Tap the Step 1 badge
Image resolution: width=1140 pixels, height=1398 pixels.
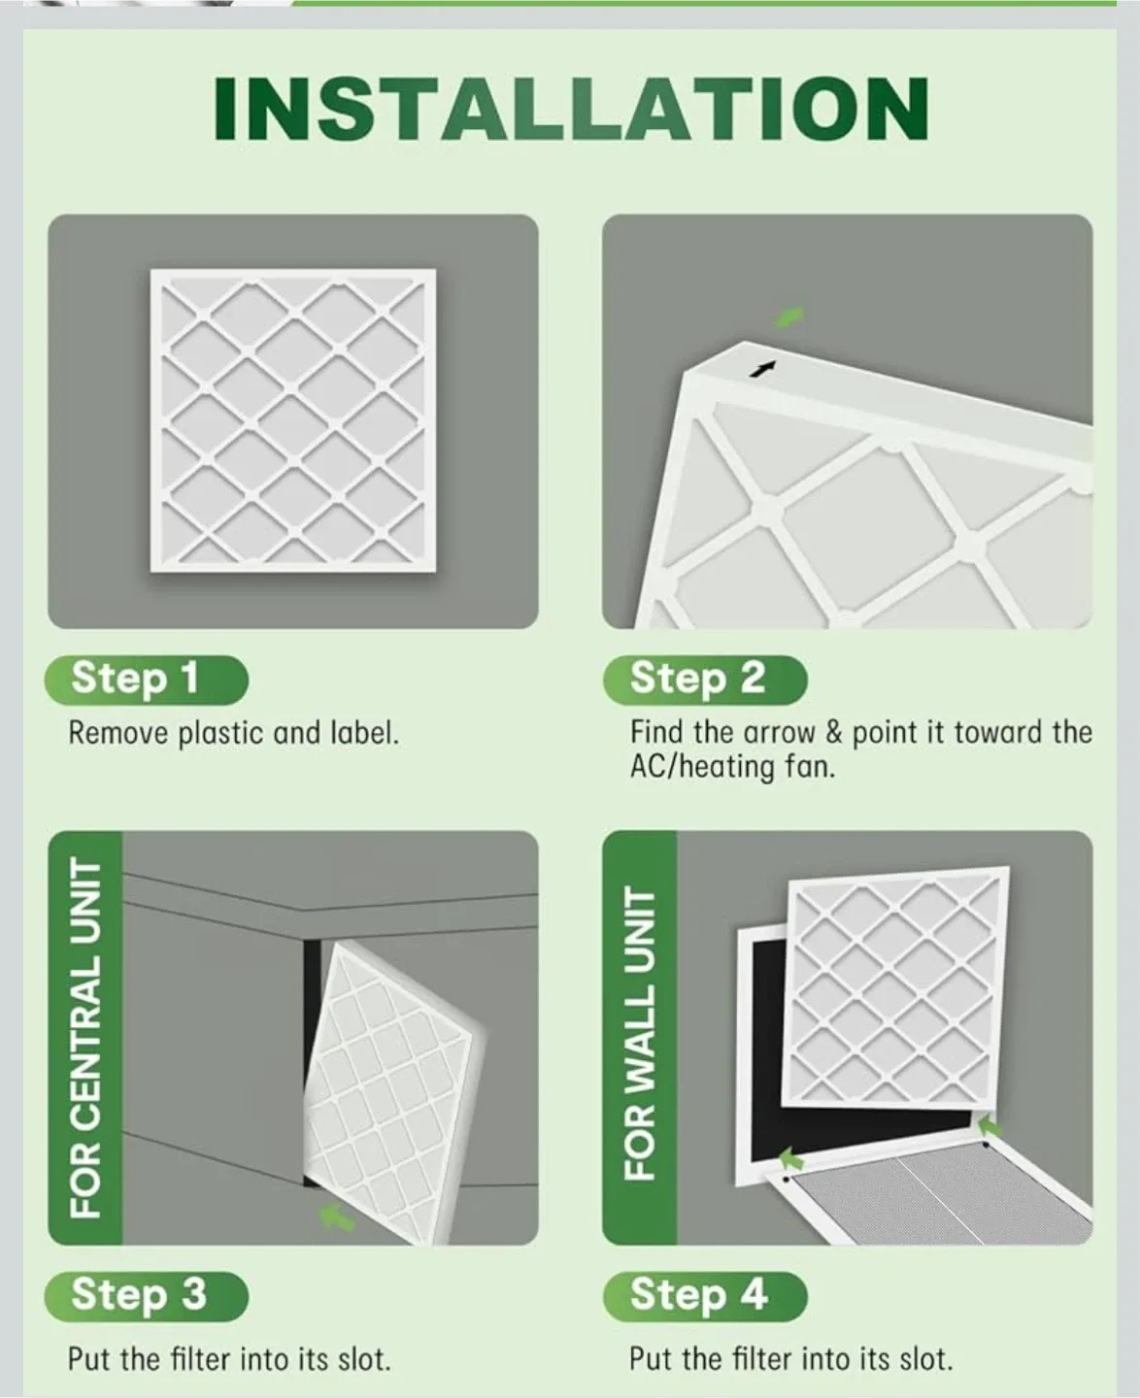coord(146,679)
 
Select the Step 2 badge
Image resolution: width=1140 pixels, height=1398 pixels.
coord(704,679)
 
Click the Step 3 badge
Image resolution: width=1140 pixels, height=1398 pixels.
coord(146,1295)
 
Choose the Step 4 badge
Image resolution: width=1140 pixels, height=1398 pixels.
coord(704,1295)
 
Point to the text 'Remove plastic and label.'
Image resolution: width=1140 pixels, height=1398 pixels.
coord(233,733)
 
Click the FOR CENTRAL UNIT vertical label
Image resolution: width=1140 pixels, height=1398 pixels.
coord(86,1038)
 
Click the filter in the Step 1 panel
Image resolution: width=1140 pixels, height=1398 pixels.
coord(292,419)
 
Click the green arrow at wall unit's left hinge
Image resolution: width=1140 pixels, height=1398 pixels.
coord(792,1157)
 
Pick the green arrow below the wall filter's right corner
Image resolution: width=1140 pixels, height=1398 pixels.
coord(989,1126)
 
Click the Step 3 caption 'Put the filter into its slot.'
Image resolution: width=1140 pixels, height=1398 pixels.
coord(229,1358)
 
